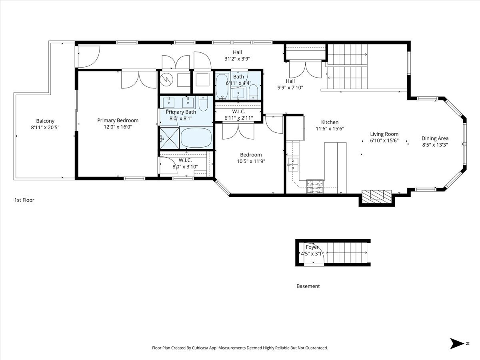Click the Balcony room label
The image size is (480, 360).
click(x=45, y=121)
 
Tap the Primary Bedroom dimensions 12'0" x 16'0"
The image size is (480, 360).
click(x=118, y=127)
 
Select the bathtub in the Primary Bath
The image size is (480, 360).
click(x=196, y=138)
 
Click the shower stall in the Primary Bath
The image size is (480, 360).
click(x=170, y=138)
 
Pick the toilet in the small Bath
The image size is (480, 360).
click(x=254, y=92)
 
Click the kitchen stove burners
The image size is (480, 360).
click(x=315, y=186)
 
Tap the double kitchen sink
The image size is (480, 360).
click(x=292, y=164)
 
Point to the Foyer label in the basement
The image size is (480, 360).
click(x=312, y=247)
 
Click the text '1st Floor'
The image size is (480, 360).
click(x=24, y=200)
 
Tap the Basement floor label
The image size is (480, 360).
click(x=308, y=286)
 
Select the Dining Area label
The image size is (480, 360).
click(x=435, y=138)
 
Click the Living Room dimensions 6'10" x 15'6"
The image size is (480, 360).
click(x=384, y=140)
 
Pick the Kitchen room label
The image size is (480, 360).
click(x=330, y=122)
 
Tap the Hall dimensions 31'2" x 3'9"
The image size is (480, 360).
click(x=237, y=59)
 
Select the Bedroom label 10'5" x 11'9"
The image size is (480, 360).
click(x=251, y=158)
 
